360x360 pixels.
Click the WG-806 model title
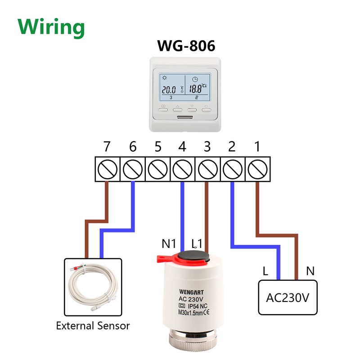tap(185, 46)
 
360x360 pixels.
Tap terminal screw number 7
tap(107, 169)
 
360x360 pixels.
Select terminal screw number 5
tap(157, 169)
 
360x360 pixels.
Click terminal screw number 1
tap(257, 169)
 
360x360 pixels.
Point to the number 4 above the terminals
tap(182, 147)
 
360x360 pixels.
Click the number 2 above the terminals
tap(232, 147)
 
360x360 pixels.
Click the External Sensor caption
tap(93, 325)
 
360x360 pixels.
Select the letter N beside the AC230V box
tap(310, 271)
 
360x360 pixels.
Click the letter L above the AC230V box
tap(266, 271)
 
